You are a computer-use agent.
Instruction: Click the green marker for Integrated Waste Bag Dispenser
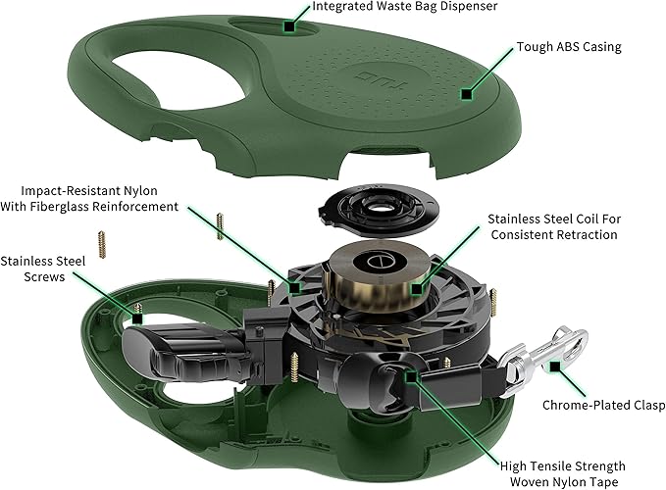[x=289, y=24]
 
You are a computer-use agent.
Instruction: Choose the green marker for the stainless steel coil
[x=418, y=289]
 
